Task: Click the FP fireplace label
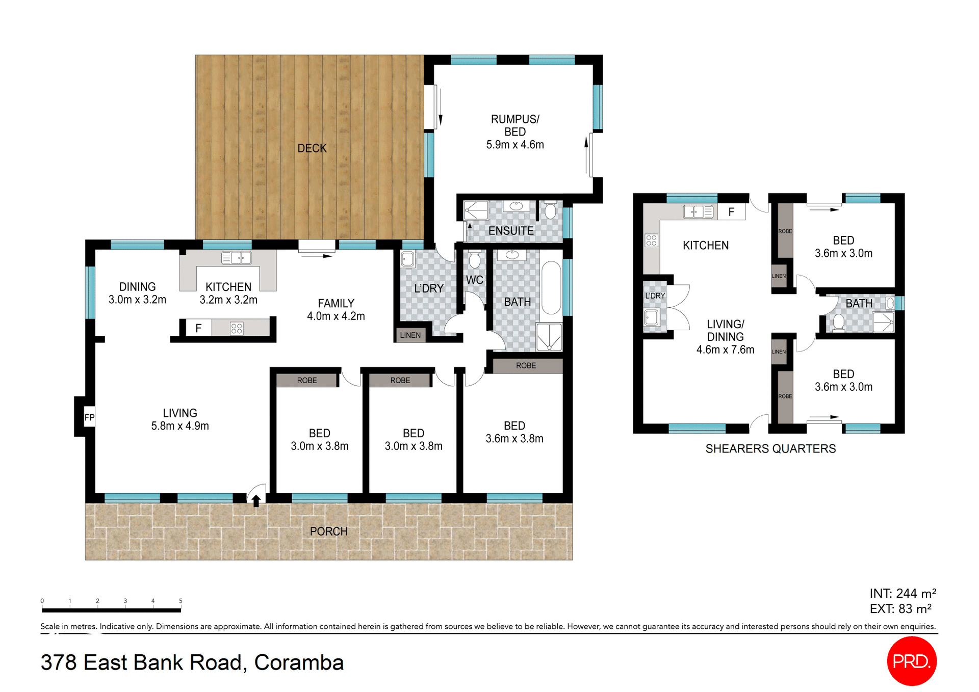pyautogui.click(x=89, y=418)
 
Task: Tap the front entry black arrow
pyautogui.click(x=256, y=500)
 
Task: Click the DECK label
pyautogui.click(x=312, y=148)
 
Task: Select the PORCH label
pyautogui.click(x=328, y=531)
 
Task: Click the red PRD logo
pyautogui.click(x=912, y=661)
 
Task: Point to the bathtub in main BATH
pyautogui.click(x=551, y=288)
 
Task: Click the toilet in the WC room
pyautogui.click(x=475, y=260)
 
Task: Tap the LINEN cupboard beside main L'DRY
pyautogui.click(x=410, y=335)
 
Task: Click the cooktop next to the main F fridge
pyautogui.click(x=237, y=328)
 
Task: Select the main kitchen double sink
pyautogui.click(x=236, y=258)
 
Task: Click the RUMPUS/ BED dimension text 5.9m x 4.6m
pyautogui.click(x=515, y=145)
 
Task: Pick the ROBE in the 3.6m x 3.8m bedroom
pyautogui.click(x=526, y=366)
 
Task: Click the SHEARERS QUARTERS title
pyautogui.click(x=770, y=448)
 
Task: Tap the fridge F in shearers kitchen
pyautogui.click(x=731, y=212)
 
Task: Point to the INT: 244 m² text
pyautogui.click(x=903, y=593)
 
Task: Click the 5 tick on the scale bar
pyautogui.click(x=181, y=601)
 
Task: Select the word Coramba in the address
pyautogui.click(x=299, y=662)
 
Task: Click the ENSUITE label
pyautogui.click(x=511, y=231)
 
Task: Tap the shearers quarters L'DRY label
pyautogui.click(x=655, y=296)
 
